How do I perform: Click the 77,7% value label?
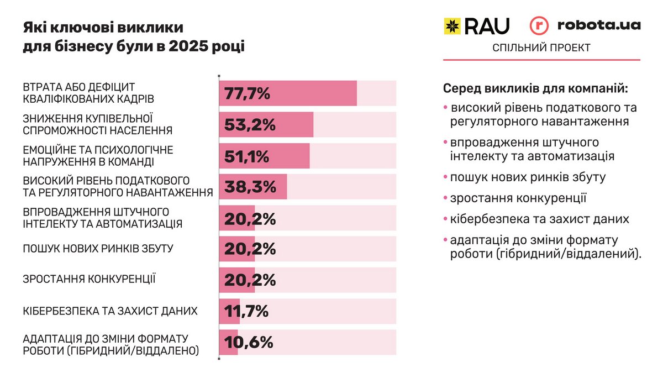click(247, 93)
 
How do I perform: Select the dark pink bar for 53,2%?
click(267, 125)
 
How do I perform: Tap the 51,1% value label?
click(246, 156)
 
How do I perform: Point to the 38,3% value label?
click(250, 187)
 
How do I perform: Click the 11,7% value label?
click(246, 312)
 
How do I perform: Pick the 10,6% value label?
click(249, 343)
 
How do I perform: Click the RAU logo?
click(477, 26)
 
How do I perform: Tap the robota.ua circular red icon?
click(539, 26)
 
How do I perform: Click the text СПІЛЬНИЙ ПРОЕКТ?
click(541, 48)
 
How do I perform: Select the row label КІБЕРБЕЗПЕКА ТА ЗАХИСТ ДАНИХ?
click(110, 311)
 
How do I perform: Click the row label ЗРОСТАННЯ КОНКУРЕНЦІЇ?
click(89, 279)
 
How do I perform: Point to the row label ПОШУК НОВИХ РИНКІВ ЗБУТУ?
click(98, 249)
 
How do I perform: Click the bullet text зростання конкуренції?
click(518, 198)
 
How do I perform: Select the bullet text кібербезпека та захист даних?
click(539, 219)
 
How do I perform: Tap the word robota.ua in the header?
click(599, 25)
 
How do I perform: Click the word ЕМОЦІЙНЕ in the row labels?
click(47, 150)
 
